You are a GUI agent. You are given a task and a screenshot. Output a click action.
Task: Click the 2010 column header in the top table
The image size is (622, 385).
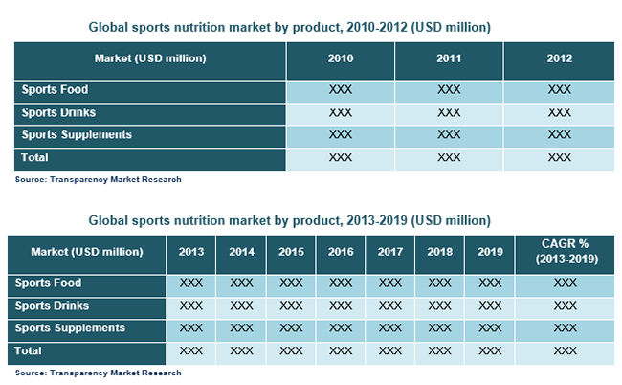(x=341, y=58)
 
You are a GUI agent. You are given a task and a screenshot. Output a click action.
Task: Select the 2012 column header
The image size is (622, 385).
(x=560, y=58)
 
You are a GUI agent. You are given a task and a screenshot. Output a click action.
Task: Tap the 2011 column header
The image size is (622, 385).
(x=449, y=58)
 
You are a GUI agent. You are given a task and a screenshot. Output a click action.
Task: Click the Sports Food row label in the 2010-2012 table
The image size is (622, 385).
(x=55, y=90)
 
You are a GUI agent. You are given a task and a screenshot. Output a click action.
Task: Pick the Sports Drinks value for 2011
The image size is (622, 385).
(x=449, y=113)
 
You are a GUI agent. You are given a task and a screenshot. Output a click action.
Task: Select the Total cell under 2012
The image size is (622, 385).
(x=560, y=158)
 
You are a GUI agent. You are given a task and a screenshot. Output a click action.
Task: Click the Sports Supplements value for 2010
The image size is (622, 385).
(x=341, y=135)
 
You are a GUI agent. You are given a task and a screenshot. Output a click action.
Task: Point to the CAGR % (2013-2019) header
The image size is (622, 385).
(x=566, y=251)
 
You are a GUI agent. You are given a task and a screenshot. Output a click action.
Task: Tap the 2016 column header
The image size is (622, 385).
(x=341, y=252)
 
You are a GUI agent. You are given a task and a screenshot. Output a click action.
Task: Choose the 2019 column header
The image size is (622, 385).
(x=490, y=252)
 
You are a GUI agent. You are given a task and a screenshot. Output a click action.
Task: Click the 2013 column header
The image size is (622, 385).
(x=191, y=252)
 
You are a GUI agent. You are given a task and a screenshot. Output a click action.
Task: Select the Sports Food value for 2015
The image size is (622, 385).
(x=291, y=283)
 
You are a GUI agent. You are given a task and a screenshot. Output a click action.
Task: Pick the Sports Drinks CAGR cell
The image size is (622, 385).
(x=566, y=306)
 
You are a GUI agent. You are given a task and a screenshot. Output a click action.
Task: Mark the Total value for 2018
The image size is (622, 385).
(x=439, y=351)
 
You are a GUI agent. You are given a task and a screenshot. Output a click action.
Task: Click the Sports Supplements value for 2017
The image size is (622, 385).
(x=390, y=328)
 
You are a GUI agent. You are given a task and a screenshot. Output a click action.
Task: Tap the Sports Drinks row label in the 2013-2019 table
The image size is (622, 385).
(x=52, y=306)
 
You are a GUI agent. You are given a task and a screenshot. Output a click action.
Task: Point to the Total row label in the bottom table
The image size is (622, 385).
(x=28, y=351)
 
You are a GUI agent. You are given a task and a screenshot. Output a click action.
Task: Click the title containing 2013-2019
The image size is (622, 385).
(x=290, y=220)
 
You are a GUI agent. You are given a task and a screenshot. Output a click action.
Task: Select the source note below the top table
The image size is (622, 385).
(x=98, y=179)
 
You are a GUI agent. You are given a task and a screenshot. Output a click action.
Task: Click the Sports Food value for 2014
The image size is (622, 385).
(x=241, y=283)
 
